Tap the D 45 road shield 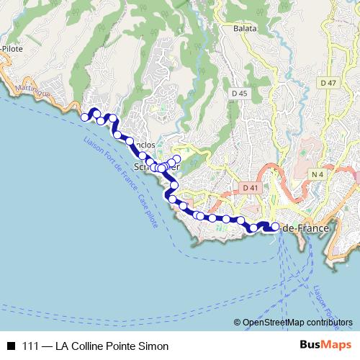[240, 94]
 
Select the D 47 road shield [328, 83]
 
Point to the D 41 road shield [250, 188]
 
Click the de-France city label [305, 228]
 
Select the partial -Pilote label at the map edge [12, 50]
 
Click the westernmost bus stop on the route [84, 117]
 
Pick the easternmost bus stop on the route [275, 228]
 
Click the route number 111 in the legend [31, 346]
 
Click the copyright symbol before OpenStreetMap [238, 323]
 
